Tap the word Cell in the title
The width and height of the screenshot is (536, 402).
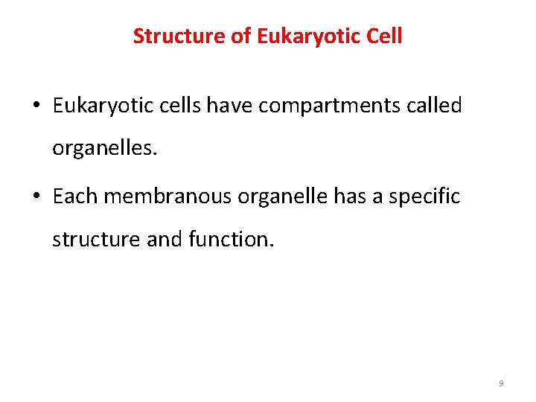pos(384,36)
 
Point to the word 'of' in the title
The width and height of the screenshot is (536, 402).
pos(241,36)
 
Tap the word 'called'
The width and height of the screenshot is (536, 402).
pos(437,106)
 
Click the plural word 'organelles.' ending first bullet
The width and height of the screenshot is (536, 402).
pos(105,149)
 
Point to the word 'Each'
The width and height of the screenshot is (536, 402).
pos(75,197)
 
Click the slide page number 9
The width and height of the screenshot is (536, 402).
pos(501,383)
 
